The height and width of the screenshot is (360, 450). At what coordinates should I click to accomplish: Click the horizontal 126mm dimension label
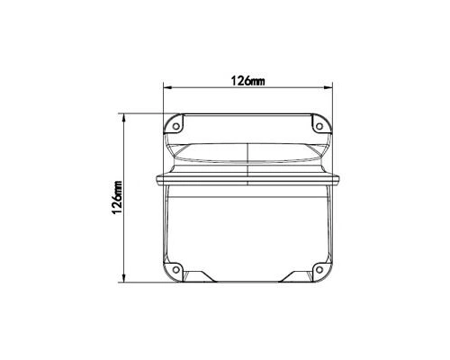coord(247,81)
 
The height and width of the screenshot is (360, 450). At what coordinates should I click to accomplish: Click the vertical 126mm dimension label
coord(117,197)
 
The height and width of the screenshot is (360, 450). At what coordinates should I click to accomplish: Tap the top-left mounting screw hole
coord(176,126)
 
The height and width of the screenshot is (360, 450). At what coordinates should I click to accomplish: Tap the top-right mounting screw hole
coord(319,126)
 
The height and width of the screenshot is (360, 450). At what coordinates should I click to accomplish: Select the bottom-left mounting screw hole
coord(176,270)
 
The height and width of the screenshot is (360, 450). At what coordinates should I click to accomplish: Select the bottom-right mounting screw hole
coord(319,270)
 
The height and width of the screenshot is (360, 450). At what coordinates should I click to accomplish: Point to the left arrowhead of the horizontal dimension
coord(167,87)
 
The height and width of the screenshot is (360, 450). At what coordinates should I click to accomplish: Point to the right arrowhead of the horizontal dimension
coord(328,87)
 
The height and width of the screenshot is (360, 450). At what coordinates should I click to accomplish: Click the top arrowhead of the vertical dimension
coord(123,118)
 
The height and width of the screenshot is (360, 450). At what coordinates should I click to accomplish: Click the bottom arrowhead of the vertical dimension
coord(123,278)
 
